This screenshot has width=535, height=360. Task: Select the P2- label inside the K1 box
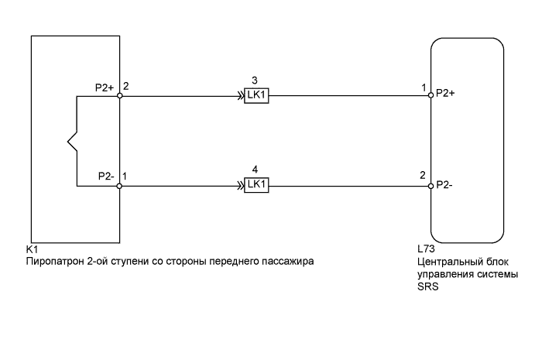tap(106, 177)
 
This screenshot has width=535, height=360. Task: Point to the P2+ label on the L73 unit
tap(446, 93)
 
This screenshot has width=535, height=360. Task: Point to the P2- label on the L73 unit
tap(445, 186)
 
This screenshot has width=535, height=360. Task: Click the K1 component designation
tap(32, 250)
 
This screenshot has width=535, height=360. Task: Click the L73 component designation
tap(427, 250)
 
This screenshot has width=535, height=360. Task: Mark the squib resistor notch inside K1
tap(72, 142)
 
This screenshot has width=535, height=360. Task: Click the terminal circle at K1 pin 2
tap(120, 98)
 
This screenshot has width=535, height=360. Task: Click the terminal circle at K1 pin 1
tap(120, 186)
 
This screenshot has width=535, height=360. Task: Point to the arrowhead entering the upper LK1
tap(240, 98)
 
